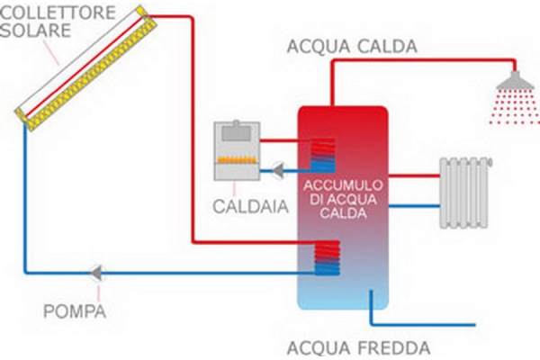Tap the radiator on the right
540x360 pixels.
pyautogui.click(x=466, y=193)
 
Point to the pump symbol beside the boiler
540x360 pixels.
pyautogui.click(x=279, y=166)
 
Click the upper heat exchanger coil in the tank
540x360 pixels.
pyautogui.click(x=322, y=153)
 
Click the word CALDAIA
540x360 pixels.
pyautogui.click(x=249, y=207)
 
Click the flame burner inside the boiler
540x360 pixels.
pyautogui.click(x=238, y=164)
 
